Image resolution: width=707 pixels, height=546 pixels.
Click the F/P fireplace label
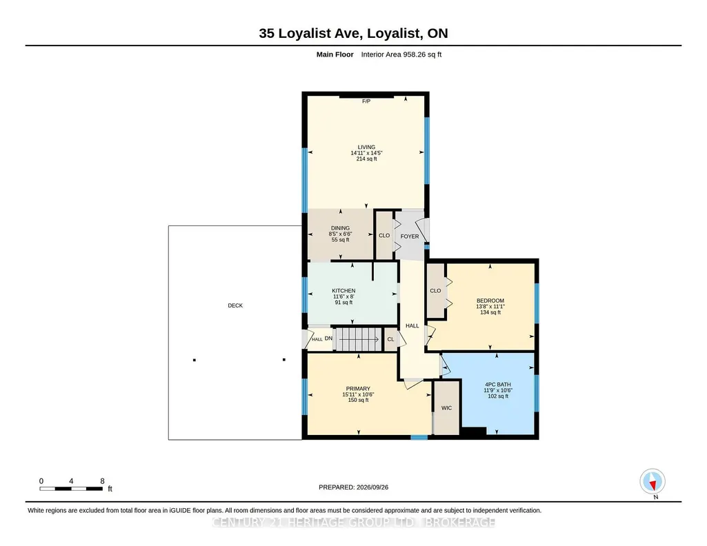[x=366, y=101]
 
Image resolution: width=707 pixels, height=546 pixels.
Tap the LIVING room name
[x=366, y=147]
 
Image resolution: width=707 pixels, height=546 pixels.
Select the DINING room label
[x=340, y=228]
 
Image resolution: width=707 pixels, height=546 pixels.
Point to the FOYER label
[x=410, y=236]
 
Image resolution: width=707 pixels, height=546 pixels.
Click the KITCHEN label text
[x=343, y=290]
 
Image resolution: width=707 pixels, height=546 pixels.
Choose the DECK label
[x=235, y=305]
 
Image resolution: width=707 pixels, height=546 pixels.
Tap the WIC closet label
[x=446, y=407]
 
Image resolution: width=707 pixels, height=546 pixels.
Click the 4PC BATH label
[x=498, y=384]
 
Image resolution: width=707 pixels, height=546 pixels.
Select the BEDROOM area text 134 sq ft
[x=490, y=312]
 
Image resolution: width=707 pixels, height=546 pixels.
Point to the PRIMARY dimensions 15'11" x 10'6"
[x=358, y=394]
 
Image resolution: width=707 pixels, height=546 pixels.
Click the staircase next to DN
[x=359, y=339]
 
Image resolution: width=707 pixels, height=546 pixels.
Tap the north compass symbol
[x=653, y=481]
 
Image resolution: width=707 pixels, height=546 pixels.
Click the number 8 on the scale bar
[x=102, y=481]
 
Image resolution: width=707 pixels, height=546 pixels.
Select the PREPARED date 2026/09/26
[x=372, y=487]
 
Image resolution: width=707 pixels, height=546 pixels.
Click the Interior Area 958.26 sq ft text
[x=401, y=54]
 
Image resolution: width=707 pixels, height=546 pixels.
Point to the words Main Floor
[x=335, y=54]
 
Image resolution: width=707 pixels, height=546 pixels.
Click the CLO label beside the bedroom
[x=435, y=290]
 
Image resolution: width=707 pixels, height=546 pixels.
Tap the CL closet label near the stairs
[x=390, y=339]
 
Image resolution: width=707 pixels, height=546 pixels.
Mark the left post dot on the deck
[x=195, y=360]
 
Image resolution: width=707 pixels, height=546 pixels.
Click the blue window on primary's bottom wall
[x=419, y=437]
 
